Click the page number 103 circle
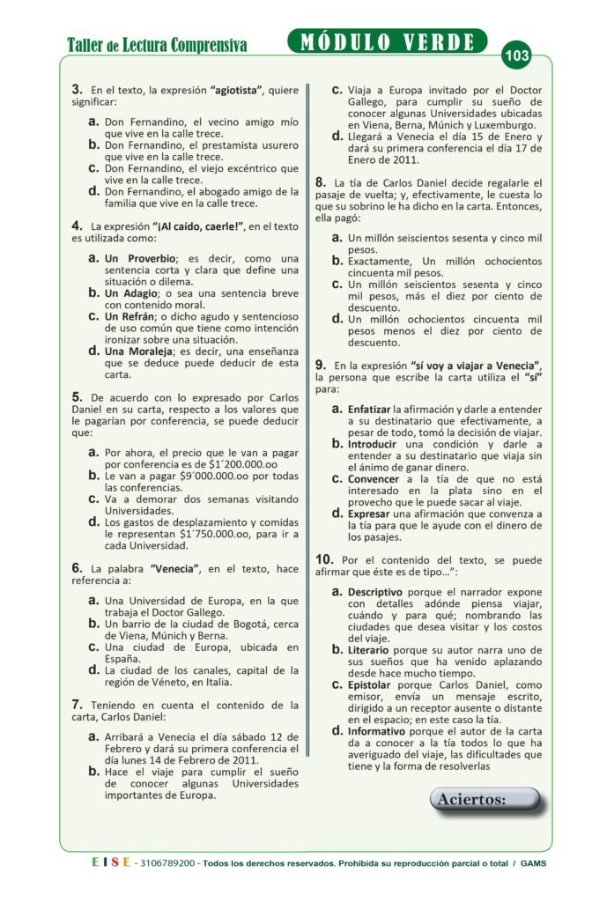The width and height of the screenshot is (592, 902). click(x=517, y=56)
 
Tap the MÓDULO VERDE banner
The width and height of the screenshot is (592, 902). click(x=387, y=41)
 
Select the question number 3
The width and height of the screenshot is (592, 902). click(x=77, y=90)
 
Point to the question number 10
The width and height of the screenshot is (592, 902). click(x=324, y=559)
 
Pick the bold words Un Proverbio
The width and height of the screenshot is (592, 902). click(x=139, y=258)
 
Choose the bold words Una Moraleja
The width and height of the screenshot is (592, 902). click(x=137, y=351)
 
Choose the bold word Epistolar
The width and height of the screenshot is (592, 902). click(x=372, y=684)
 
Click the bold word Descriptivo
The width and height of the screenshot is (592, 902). click(x=375, y=592)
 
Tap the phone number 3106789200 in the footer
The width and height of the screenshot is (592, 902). click(x=168, y=862)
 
